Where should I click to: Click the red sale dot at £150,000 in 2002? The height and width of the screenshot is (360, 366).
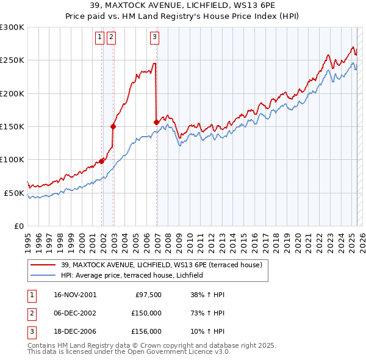[x=113, y=127]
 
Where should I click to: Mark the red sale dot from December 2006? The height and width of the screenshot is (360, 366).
[x=157, y=123]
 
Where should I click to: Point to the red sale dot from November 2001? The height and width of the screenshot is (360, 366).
[x=102, y=161]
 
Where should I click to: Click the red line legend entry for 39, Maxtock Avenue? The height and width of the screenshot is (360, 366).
[x=162, y=265]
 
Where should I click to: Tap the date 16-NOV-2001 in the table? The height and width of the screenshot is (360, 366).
[x=74, y=295]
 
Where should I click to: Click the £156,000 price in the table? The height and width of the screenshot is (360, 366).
[x=146, y=331]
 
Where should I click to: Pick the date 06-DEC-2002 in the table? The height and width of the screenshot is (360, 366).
[x=74, y=313]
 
